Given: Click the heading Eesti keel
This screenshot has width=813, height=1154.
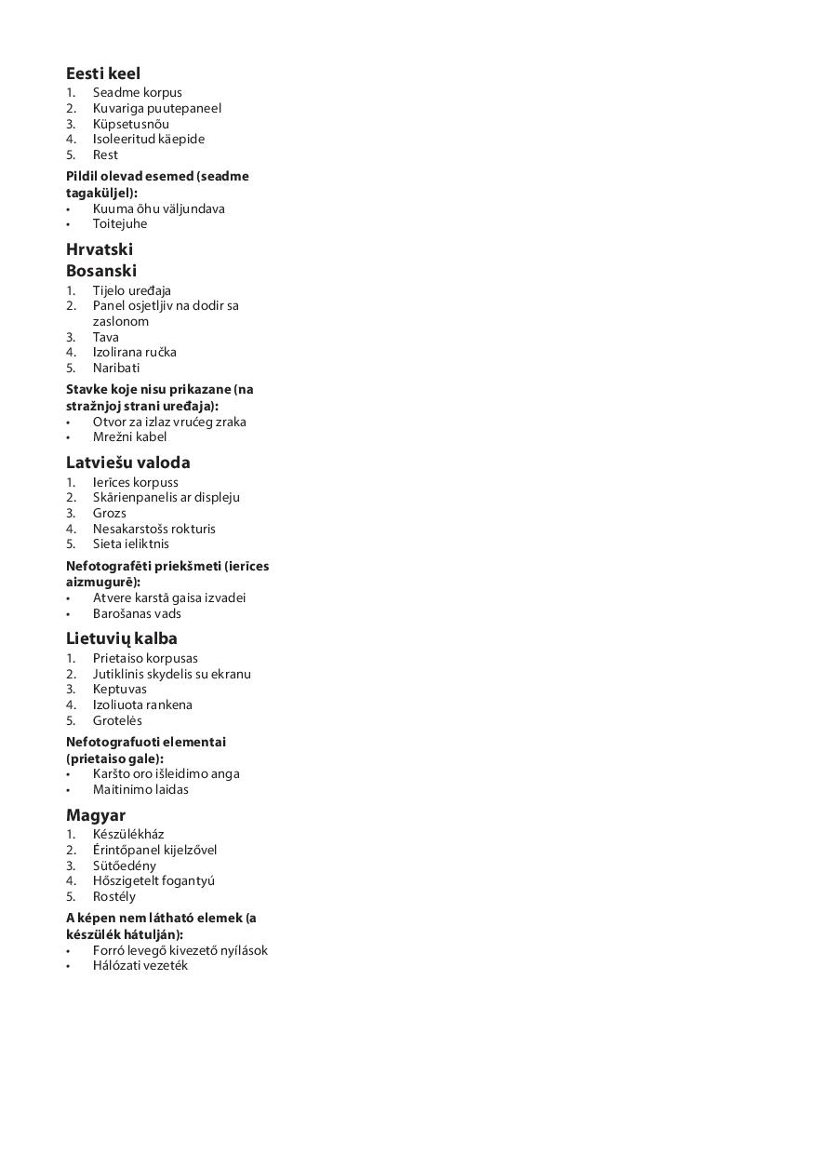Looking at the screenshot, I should [x=103, y=74].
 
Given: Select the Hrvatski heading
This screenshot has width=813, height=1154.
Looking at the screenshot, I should [x=100, y=249].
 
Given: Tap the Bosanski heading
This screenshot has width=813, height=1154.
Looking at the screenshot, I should [x=101, y=271].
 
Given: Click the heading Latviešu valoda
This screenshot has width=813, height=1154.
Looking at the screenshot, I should [x=128, y=463].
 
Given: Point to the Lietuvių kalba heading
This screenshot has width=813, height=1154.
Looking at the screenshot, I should [x=122, y=638].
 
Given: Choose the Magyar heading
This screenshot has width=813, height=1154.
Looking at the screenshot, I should [x=96, y=815].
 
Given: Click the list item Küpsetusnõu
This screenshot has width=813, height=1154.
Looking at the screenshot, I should [x=131, y=124].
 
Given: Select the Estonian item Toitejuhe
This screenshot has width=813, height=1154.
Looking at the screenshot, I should [x=120, y=223].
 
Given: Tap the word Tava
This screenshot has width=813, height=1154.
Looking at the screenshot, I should [x=106, y=337].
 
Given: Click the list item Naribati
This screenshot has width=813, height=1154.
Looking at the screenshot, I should [x=116, y=368].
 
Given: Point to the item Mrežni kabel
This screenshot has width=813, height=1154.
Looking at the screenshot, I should [x=130, y=436].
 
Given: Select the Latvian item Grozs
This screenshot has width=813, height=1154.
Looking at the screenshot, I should [x=110, y=513].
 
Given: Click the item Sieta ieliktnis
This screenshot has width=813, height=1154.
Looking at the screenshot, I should [x=131, y=543].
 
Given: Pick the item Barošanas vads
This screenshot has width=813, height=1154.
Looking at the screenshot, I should [x=137, y=613].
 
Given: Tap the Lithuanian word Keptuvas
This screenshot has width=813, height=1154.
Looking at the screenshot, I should [x=120, y=689].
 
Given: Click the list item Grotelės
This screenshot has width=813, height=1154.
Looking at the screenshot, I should [x=117, y=720].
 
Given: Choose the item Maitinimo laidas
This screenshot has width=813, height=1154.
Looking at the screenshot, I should [x=140, y=789].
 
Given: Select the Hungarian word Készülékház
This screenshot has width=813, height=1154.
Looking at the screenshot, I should [x=128, y=834].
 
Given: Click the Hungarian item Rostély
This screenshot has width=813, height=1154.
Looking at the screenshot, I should [x=114, y=896].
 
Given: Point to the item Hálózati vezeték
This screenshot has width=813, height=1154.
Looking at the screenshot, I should [x=140, y=965].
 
